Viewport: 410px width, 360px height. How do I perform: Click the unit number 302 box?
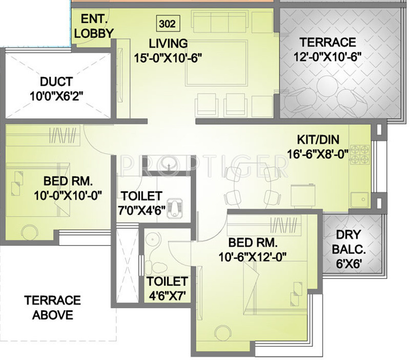[167, 24]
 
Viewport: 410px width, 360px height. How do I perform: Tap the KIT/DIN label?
[317, 139]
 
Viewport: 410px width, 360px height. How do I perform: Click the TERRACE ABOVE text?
[53, 307]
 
